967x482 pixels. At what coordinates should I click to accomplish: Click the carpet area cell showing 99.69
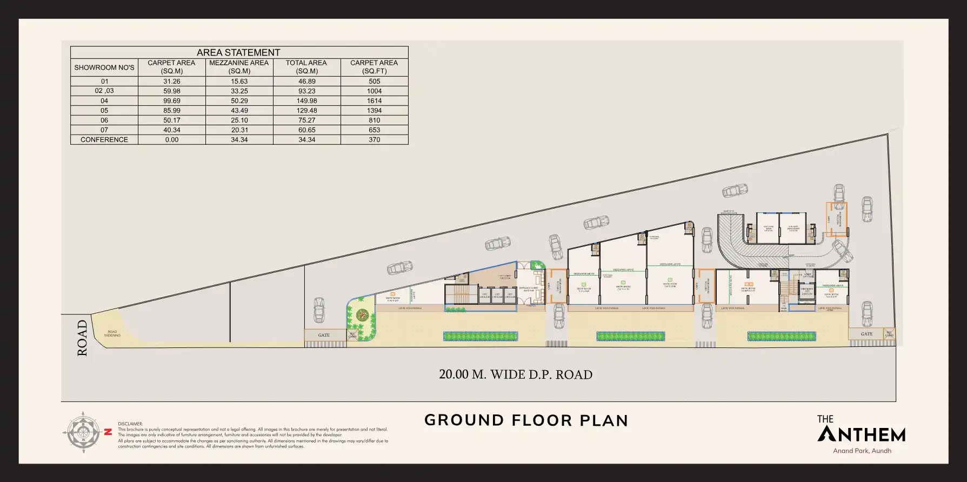172,101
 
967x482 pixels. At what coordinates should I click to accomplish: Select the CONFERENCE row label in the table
104,140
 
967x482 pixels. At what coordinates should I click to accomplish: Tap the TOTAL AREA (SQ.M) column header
306,67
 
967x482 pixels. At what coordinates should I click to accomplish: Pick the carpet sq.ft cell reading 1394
374,111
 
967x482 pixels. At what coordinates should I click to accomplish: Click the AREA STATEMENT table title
238,52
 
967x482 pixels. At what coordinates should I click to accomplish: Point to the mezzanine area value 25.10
239,120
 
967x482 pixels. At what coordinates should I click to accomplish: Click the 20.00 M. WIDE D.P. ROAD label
515,374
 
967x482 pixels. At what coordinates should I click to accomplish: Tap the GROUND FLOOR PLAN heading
526,420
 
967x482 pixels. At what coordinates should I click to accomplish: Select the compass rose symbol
83,432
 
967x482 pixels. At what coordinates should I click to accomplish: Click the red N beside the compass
108,432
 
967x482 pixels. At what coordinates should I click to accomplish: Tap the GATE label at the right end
866,334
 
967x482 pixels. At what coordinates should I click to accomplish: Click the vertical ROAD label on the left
82,338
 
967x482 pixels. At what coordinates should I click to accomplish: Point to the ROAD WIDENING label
112,333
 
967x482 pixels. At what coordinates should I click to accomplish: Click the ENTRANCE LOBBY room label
529,289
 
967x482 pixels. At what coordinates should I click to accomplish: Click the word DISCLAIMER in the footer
130,424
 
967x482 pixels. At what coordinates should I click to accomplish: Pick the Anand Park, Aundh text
862,451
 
